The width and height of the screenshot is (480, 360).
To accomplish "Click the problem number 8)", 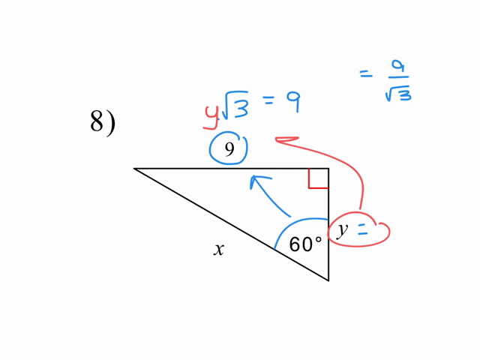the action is [x=102, y=121].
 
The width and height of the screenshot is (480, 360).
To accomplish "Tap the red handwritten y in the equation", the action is [x=211, y=114].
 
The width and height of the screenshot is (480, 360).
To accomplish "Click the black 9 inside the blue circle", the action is [x=229, y=149].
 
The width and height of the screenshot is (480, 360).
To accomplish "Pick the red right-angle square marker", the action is [x=318, y=178].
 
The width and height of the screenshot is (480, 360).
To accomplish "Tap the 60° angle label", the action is [x=305, y=244].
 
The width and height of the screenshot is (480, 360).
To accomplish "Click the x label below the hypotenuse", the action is [x=218, y=250].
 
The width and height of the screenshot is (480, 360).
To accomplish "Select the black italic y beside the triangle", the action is [x=342, y=229].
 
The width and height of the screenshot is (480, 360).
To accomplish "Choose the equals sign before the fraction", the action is [x=365, y=73].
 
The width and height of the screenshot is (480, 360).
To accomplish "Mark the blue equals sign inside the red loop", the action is [x=364, y=232].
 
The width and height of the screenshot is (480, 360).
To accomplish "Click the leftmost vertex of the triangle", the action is [x=135, y=169].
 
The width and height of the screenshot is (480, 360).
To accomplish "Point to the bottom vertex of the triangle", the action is [x=328, y=280].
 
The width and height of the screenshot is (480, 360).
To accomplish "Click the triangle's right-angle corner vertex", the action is [x=328, y=169].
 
